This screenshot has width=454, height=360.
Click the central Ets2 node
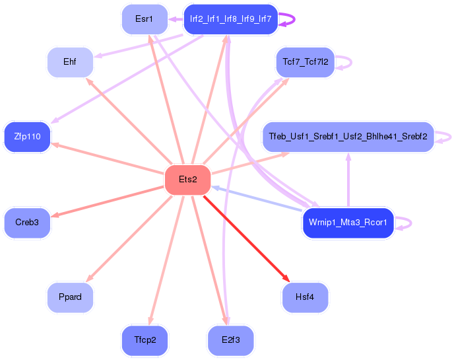point(187,180)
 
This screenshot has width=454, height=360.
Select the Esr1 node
point(144,19)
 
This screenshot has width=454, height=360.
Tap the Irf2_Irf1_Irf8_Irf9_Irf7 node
point(230,19)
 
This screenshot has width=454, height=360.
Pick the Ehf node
point(69,62)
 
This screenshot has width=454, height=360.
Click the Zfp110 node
point(27,137)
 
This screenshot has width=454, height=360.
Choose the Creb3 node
point(27,223)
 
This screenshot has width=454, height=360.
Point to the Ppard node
point(70,297)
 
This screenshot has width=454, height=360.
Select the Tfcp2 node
point(145,340)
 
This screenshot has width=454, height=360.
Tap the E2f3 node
point(230,340)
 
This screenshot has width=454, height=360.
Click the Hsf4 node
point(305,297)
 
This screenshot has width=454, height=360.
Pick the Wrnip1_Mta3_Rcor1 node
point(348,223)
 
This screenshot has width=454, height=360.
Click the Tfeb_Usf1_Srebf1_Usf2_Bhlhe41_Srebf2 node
point(348,137)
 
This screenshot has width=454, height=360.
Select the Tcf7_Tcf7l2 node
point(305,62)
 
